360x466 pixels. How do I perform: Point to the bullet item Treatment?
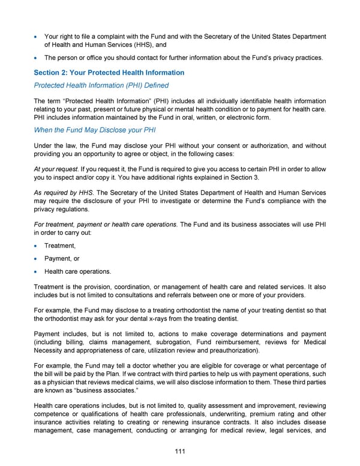coord(59,246)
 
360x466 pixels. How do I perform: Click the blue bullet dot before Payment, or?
coord(37,259)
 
